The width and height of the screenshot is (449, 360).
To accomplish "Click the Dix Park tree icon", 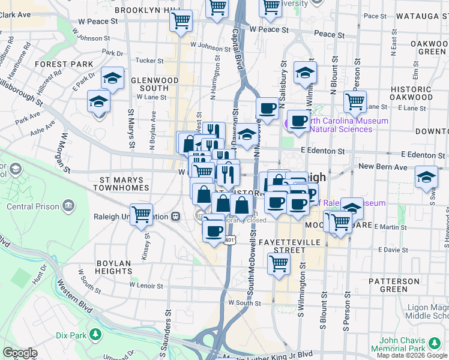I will pyautogui.click(x=94, y=334).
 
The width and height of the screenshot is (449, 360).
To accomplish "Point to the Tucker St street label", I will pyautogui.click(x=149, y=61).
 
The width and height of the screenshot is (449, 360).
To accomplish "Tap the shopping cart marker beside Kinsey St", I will pyautogui.click(x=141, y=213).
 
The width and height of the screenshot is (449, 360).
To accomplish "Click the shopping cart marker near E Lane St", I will pyautogui.click(x=355, y=100).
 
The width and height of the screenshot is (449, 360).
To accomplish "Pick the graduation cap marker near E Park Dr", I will pyautogui.click(x=112, y=77).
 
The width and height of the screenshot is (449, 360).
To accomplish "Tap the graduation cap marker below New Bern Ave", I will pyautogui.click(x=427, y=177).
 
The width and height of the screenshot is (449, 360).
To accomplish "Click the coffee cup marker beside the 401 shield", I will pyautogui.click(x=213, y=230).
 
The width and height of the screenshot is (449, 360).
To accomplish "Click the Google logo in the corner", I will pyautogui.click(x=20, y=353).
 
